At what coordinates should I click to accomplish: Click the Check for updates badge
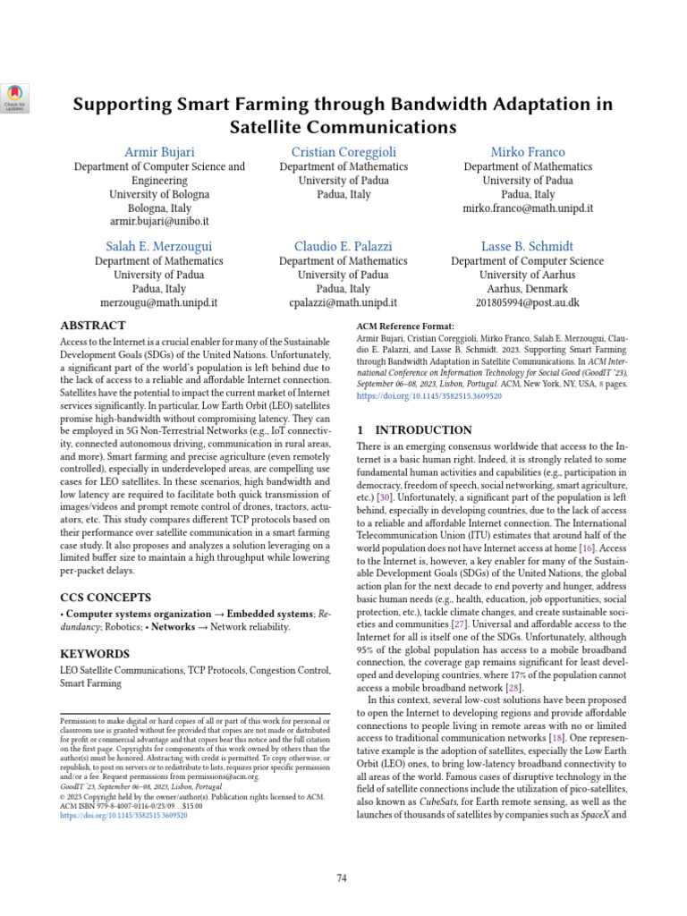tap(16, 98)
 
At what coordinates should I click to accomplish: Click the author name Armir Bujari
tap(159, 151)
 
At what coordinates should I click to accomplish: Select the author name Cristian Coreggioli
tap(343, 151)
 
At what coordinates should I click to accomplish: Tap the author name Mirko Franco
tap(528, 151)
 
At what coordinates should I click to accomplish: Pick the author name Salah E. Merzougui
tap(159, 245)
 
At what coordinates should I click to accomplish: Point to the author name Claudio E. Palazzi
tap(343, 245)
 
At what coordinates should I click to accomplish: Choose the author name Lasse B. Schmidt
tap(528, 245)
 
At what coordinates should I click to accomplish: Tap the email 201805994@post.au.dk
tap(528, 303)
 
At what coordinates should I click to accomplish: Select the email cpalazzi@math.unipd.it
tap(343, 303)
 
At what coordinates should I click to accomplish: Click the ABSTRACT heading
tap(92, 326)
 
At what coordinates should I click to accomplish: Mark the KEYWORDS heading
tap(95, 654)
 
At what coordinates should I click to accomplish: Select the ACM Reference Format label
tap(405, 327)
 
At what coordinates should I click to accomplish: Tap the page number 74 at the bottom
tap(342, 852)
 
